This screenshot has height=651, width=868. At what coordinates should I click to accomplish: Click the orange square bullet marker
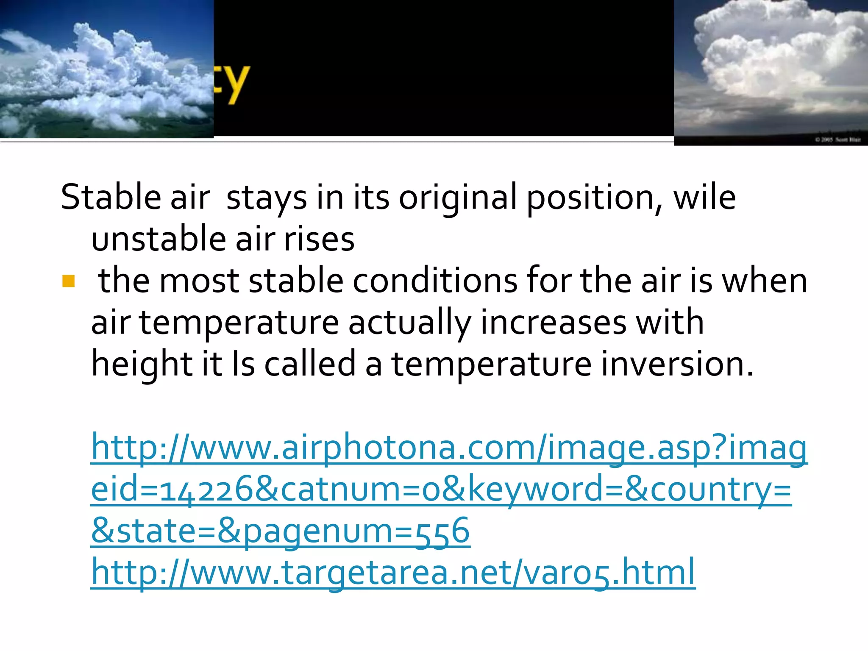click(68, 281)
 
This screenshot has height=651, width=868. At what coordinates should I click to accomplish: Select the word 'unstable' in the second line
click(159, 239)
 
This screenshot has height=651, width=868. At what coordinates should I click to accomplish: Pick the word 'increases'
click(553, 322)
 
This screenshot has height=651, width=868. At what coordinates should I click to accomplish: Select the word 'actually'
click(409, 322)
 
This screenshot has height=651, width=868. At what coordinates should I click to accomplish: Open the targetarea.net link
click(393, 572)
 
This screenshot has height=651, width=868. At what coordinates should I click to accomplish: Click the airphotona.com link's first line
click(449, 448)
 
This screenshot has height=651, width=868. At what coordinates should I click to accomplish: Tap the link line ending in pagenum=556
click(281, 531)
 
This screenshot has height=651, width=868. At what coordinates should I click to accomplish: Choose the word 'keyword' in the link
click(536, 490)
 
